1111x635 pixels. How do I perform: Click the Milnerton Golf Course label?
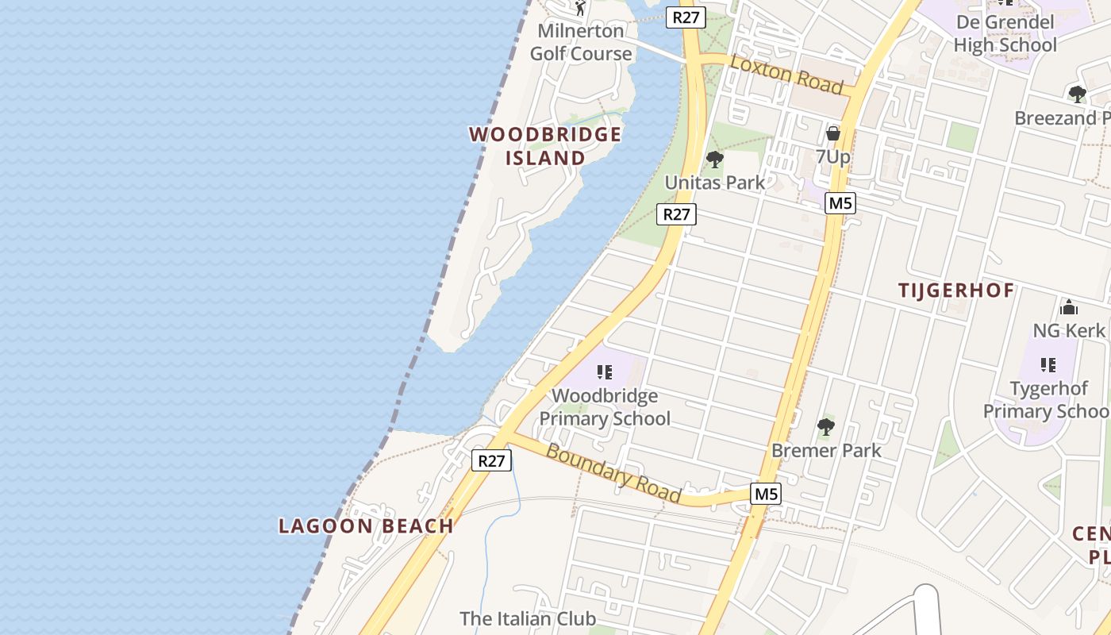pos(581,43)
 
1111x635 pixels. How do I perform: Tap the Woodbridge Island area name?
pos(545,146)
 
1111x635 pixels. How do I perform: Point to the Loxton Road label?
pos(786,74)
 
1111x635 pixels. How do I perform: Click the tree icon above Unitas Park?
pos(715,159)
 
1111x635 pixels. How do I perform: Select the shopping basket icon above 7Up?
pos(832,133)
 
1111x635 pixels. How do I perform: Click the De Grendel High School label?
pos(1005,33)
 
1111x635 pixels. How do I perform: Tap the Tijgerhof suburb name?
pos(956,291)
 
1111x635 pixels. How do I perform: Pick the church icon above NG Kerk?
pos(1068,307)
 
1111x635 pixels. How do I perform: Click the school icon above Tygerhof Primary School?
pos(1048,364)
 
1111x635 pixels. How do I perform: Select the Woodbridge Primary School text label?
pos(605,407)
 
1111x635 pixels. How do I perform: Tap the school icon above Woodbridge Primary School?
pos(605,371)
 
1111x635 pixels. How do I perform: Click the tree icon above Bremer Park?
pos(826,427)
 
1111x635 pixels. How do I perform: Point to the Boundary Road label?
pos(614,474)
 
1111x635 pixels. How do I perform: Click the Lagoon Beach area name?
pos(366,525)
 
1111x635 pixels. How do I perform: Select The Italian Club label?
pos(528,618)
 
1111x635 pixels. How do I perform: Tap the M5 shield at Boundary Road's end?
pos(766,494)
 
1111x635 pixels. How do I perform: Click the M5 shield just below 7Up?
pos(840,203)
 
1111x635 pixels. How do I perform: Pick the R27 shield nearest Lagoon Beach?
pos(491,460)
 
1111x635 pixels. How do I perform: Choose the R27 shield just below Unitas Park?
pos(676,214)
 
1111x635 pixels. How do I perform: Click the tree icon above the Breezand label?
pos(1077,94)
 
